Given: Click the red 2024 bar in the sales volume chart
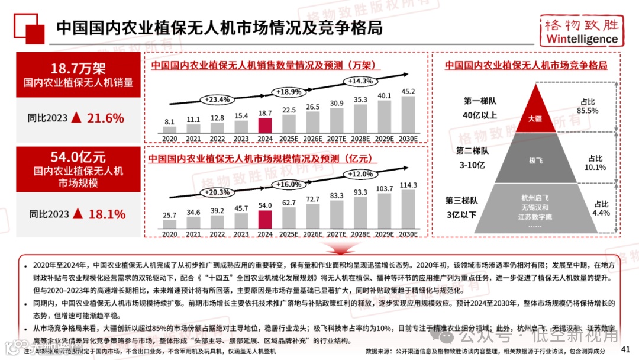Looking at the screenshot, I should click(265, 125).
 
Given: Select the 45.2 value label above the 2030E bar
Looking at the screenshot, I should click(408, 91).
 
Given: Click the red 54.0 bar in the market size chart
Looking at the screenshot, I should click(265, 219).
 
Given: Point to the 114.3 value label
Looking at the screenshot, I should click(408, 185).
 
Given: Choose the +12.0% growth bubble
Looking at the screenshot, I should click(360, 174).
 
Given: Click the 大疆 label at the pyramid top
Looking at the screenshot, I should click(535, 118).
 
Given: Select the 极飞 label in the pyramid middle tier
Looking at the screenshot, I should click(535, 160).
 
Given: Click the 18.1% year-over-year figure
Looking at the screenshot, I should click(106, 214).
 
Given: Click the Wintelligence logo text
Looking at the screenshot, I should click(582, 39).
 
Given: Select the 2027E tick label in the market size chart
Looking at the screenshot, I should click(337, 234).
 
